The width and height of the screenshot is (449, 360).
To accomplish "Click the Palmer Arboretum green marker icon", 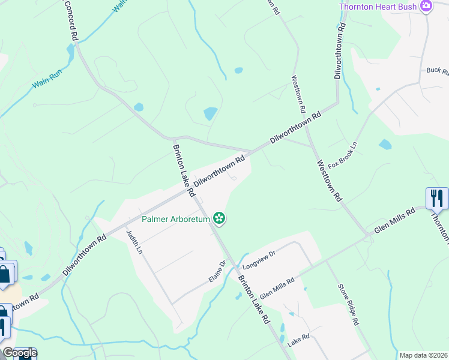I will coord(220,218).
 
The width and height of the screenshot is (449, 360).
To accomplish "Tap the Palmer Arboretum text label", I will coord(176,219).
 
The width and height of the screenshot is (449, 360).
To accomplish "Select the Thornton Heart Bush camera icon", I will coord(426,7).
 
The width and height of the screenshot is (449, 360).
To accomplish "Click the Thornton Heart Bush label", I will coord(378,7).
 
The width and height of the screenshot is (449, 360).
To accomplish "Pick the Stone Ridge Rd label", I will coord(348,304).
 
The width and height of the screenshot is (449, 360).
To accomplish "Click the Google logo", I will coord(19,353).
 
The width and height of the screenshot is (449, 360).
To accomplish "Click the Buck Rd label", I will coord(438,71).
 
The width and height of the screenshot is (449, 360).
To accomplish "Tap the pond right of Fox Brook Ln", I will coord(385,144).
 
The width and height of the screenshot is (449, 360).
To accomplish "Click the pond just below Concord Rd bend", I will coord(139,107).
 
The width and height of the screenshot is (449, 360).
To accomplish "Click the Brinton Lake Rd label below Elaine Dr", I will coord(253,300).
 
